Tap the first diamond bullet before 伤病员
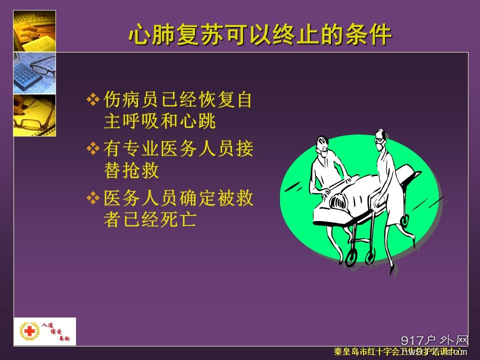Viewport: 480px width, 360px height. (x=93, y=100)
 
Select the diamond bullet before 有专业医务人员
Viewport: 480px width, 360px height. (x=93, y=148)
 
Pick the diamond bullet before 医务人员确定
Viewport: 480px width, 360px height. (x=93, y=198)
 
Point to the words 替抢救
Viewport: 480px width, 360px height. (x=131, y=170)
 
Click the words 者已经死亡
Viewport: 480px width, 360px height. (x=149, y=219)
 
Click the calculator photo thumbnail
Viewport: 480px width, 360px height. (x=34, y=73)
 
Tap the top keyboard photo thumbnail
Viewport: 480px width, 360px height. (x=34, y=30)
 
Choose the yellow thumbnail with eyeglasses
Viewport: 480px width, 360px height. (x=34, y=115)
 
